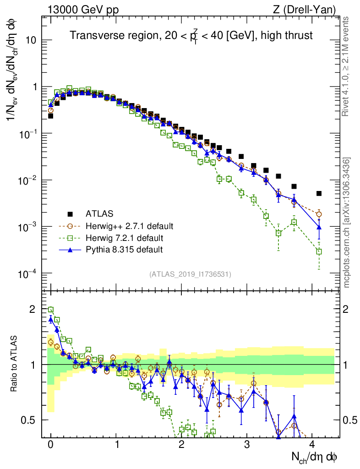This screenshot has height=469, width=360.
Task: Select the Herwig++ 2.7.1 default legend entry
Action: click(x=130, y=226)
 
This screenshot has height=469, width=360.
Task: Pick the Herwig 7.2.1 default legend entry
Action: click(x=124, y=238)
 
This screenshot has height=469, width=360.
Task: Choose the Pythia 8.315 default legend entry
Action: click(x=124, y=250)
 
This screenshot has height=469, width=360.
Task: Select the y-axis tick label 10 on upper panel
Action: click(x=30, y=40)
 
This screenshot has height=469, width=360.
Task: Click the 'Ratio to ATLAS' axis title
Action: click(x=16, y=362)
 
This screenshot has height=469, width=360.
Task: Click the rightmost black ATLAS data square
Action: click(x=319, y=193)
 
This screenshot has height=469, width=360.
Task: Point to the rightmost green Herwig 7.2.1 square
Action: click(x=319, y=251)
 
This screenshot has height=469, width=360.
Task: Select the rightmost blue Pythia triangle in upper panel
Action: click(x=319, y=227)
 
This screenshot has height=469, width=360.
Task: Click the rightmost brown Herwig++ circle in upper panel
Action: click(x=319, y=214)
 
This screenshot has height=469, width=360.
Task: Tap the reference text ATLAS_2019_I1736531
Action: click(x=190, y=274)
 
